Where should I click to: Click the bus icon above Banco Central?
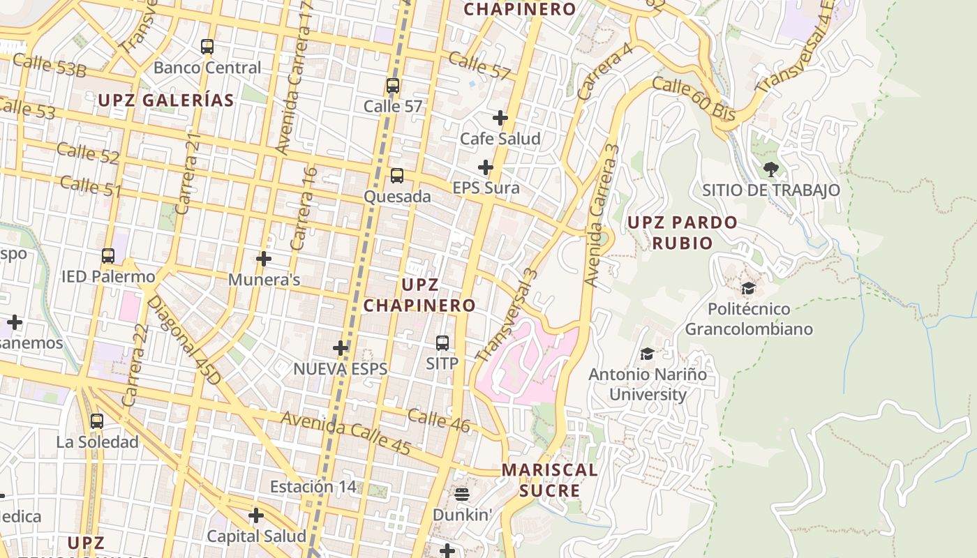[x=207, y=47]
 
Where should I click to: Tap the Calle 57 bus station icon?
[x=393, y=86]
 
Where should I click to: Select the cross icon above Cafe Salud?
[x=500, y=118]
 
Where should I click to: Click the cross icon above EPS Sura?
[x=486, y=167]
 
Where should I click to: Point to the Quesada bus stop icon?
[x=397, y=176]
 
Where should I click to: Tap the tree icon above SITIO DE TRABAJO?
[x=771, y=169]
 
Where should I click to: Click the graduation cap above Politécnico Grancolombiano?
[x=749, y=288]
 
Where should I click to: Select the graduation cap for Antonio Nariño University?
[x=648, y=354]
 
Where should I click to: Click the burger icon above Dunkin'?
[x=462, y=495]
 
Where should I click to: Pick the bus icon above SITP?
[x=442, y=343]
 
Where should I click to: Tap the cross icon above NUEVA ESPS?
[x=341, y=348]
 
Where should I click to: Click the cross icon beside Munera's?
[x=264, y=259]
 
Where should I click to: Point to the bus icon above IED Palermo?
[x=108, y=256]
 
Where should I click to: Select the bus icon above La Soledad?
[x=97, y=421]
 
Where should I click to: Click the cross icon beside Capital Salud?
[x=256, y=515]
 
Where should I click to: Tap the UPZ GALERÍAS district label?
[x=165, y=100]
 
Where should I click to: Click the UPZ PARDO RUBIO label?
[x=682, y=232]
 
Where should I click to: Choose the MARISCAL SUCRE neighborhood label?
[x=550, y=480]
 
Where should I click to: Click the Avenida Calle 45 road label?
[x=345, y=434]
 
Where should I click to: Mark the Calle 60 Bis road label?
[x=694, y=99]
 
